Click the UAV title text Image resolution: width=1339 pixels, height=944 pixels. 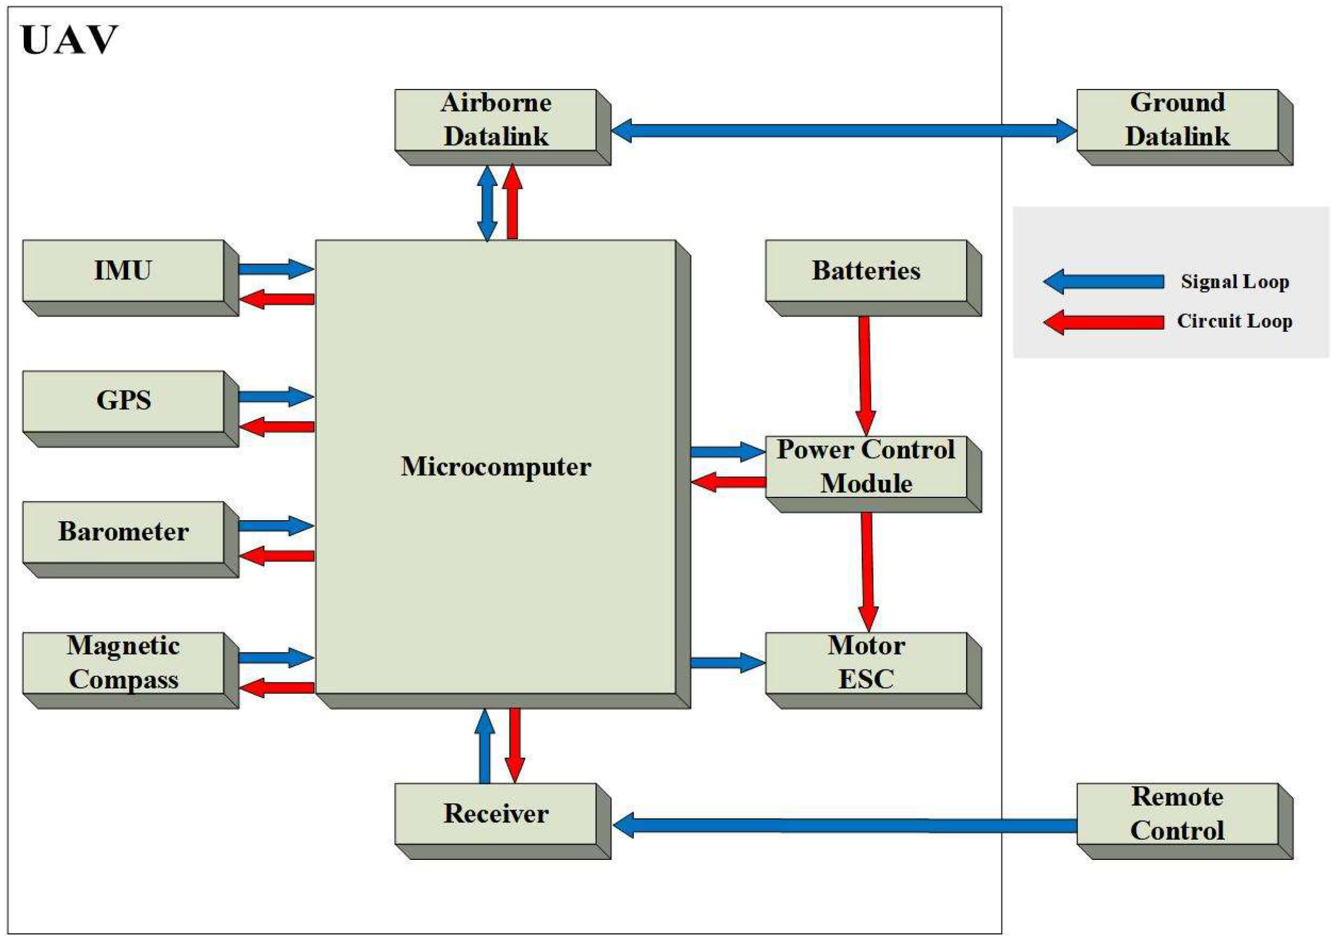click(x=69, y=41)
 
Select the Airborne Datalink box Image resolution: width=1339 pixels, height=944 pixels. click(x=496, y=120)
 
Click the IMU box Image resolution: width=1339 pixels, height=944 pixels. click(x=123, y=271)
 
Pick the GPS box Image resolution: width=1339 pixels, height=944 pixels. click(x=123, y=402)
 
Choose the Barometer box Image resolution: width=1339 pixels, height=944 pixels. click(x=123, y=532)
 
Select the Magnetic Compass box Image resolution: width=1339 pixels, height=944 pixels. click(x=123, y=663)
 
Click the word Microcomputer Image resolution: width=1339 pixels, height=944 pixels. click(x=496, y=467)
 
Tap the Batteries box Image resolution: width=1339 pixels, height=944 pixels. click(x=866, y=271)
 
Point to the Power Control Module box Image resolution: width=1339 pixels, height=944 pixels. click(x=866, y=467)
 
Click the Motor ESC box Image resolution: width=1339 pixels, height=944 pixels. click(x=866, y=663)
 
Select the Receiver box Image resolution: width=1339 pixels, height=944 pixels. click(x=496, y=814)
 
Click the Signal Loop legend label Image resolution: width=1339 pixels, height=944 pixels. click(x=1235, y=282)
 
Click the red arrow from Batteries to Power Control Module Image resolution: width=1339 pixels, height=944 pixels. click(x=865, y=374)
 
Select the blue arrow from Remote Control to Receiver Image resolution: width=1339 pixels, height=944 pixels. click(x=845, y=825)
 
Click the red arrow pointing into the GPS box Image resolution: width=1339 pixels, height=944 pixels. click(x=278, y=427)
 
